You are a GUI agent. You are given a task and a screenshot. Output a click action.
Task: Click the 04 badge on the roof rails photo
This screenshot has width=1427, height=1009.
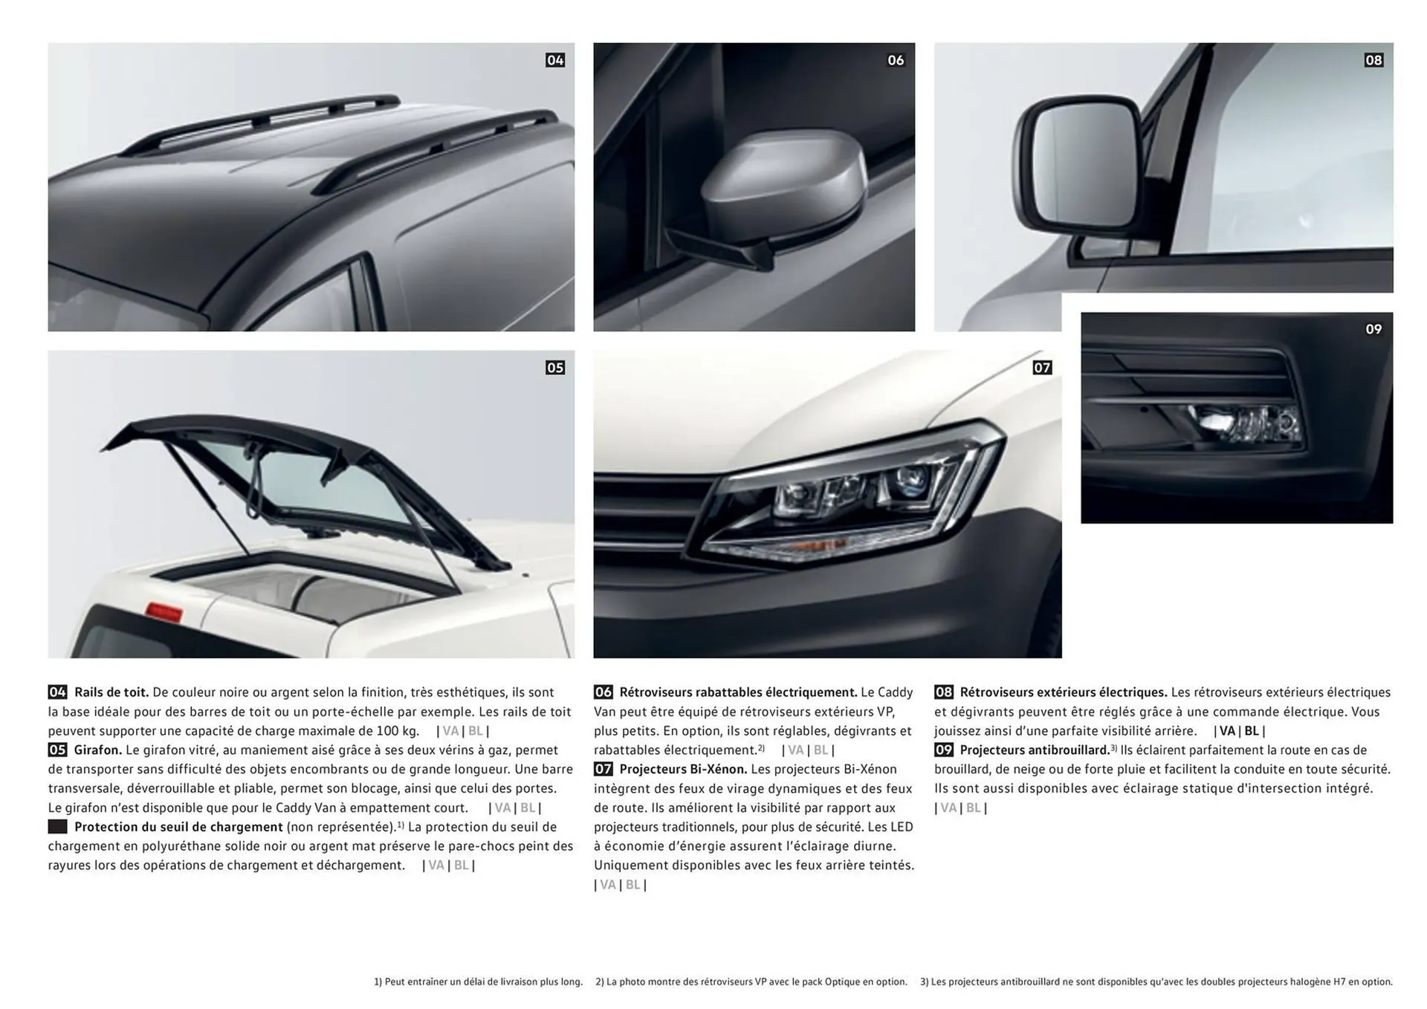(x=555, y=60)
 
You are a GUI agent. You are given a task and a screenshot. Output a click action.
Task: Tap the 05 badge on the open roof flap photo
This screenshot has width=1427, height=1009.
(x=555, y=368)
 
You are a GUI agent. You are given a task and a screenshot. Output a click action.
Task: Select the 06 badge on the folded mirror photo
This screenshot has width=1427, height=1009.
(x=896, y=60)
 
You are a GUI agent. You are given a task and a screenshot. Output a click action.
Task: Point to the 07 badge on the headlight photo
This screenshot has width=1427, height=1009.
(x=1042, y=368)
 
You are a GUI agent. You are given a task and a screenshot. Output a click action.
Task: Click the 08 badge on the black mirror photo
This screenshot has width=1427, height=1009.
(x=1373, y=60)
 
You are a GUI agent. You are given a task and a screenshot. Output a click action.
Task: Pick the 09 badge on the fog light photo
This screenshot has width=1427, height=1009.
(x=1373, y=329)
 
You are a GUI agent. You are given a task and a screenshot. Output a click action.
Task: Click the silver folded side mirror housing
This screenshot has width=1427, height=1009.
(x=784, y=182)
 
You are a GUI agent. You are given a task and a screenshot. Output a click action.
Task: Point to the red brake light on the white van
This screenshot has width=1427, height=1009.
(x=164, y=612)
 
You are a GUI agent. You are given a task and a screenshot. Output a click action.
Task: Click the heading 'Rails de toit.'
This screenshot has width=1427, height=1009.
(x=111, y=692)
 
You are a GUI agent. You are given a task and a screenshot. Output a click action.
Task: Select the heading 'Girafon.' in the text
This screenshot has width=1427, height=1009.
(x=97, y=750)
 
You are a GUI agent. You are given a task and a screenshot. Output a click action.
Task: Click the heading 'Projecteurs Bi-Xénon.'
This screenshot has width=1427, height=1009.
(x=683, y=770)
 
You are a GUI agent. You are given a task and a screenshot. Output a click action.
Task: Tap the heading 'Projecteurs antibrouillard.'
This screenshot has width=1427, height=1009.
(x=1034, y=750)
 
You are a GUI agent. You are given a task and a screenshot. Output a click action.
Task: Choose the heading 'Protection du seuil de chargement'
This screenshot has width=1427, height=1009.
(x=178, y=827)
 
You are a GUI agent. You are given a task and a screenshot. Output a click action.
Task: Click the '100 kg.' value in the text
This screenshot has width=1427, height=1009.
(x=395, y=731)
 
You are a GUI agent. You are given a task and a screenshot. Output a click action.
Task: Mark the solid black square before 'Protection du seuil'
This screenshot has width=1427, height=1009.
(x=57, y=827)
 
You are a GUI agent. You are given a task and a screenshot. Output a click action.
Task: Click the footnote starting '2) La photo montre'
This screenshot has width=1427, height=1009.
(x=751, y=982)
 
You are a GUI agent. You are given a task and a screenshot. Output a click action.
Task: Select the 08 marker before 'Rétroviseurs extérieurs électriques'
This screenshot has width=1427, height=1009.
(x=943, y=692)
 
